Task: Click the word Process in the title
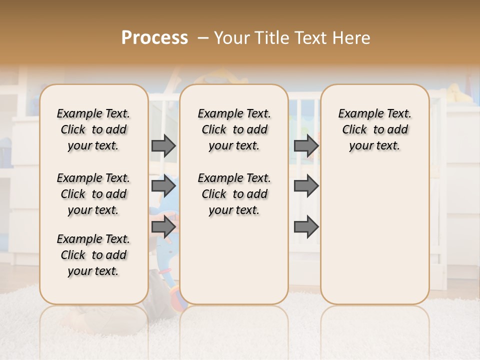point(154,38)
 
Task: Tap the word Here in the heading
point(352,38)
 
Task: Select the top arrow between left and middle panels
point(163,145)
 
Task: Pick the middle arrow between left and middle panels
point(163,186)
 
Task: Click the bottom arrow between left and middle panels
point(163,227)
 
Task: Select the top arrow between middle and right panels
point(306,145)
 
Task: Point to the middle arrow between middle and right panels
point(306,186)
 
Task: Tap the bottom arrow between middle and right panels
point(306,227)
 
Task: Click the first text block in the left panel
point(93,129)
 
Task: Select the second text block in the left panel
point(93,194)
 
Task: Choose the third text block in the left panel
point(93,255)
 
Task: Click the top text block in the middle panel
point(234,129)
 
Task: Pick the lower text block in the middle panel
point(234,194)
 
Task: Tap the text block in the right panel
point(374,129)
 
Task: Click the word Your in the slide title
point(232,38)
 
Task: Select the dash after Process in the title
point(202,38)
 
